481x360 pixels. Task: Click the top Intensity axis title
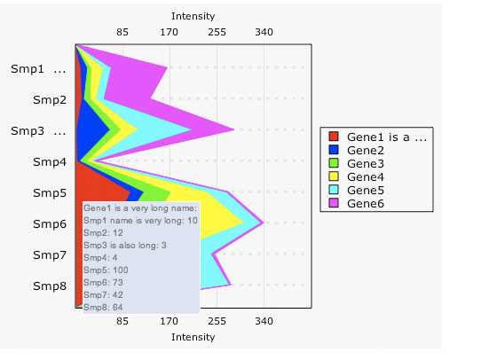click(193, 17)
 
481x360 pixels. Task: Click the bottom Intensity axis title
click(193, 337)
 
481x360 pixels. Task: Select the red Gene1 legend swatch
click(335, 137)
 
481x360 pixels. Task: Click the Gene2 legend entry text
click(366, 151)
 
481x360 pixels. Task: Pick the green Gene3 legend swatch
click(335, 164)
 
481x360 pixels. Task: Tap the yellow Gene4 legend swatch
click(335, 177)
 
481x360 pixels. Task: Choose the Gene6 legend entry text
click(366, 204)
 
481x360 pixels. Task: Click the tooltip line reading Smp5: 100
click(106, 270)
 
